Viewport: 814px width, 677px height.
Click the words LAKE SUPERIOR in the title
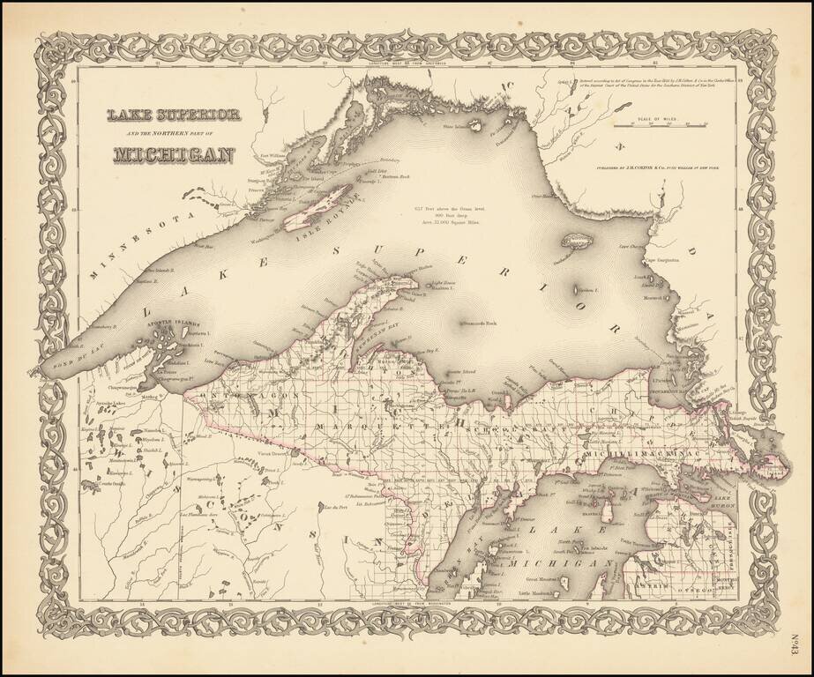coord(173,115)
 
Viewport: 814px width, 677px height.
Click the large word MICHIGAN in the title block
coord(174,155)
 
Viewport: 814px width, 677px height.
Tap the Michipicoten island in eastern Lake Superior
coord(579,240)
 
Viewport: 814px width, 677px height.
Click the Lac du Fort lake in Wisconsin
coord(333,509)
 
